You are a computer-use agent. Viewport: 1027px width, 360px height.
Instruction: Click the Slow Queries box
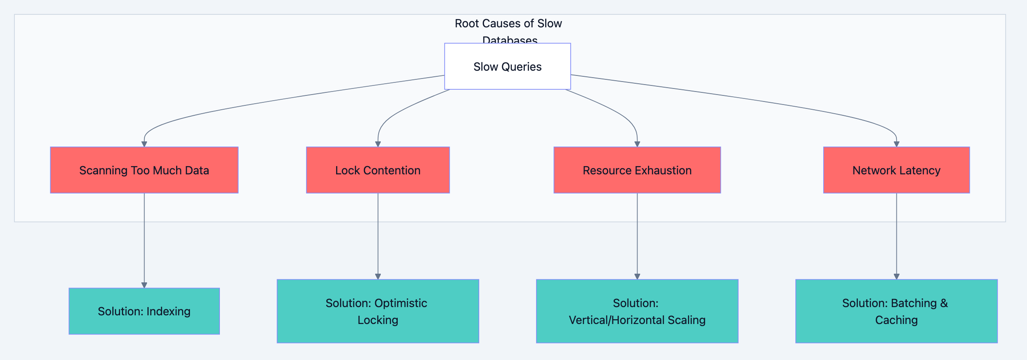pos(507,66)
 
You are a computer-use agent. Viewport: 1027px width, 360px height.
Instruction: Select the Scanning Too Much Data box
pos(144,170)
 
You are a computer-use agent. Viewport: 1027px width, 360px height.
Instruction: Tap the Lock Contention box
pos(378,170)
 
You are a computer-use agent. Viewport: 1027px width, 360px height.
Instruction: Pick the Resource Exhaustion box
pos(637,170)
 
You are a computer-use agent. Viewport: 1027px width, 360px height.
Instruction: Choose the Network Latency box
pos(896,170)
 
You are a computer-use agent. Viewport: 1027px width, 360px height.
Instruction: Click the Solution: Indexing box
pos(144,311)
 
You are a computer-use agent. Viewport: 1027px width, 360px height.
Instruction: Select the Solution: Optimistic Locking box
pos(378,311)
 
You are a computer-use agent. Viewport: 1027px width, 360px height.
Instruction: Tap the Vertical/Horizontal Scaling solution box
pos(637,311)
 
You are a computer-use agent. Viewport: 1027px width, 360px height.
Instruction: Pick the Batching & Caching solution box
pos(896,311)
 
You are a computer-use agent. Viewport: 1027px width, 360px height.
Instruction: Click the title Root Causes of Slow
pos(508,23)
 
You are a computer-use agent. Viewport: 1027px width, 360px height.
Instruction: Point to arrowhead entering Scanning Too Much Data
pos(144,144)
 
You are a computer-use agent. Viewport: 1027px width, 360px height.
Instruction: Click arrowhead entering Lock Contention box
pos(378,144)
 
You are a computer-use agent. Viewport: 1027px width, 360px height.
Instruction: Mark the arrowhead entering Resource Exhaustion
pos(637,144)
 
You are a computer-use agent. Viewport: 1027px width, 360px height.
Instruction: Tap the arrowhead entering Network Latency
pos(896,144)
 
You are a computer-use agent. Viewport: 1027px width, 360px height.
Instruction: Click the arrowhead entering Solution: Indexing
pos(144,285)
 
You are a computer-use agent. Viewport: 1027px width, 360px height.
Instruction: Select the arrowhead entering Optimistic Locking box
pos(378,276)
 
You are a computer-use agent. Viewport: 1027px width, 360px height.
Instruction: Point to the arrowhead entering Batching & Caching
pos(896,276)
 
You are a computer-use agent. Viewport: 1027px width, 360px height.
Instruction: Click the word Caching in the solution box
pos(896,320)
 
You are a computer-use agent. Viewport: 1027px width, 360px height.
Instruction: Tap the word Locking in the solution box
pos(378,320)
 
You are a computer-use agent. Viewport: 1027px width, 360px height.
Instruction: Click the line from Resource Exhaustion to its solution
pos(637,234)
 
